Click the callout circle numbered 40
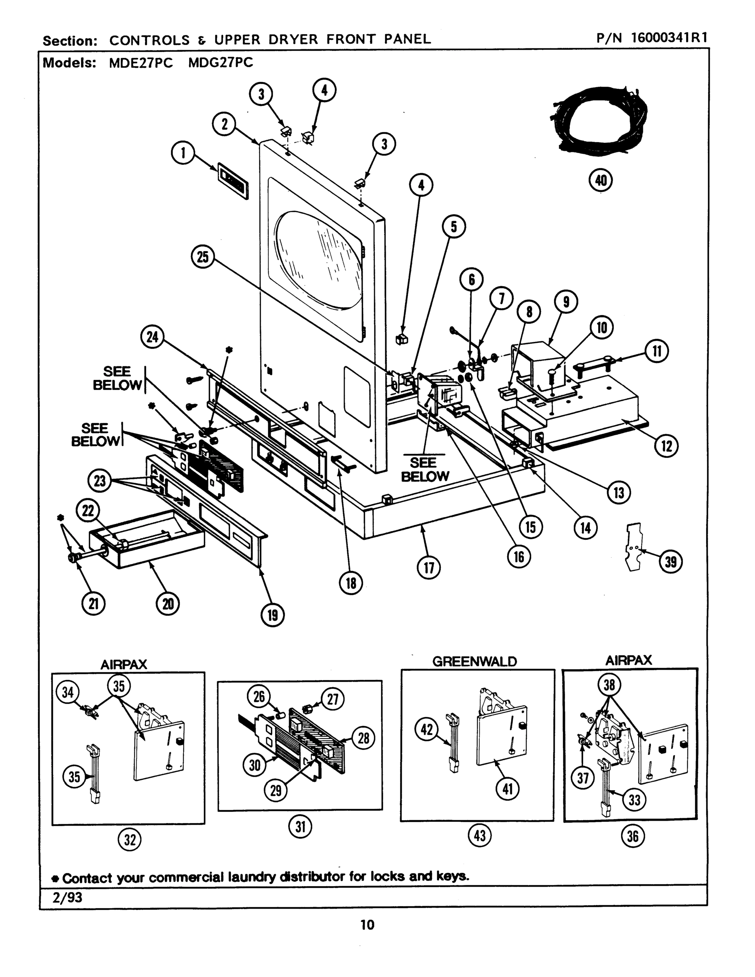click(x=601, y=181)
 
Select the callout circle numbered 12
click(x=666, y=446)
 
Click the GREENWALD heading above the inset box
click(x=474, y=662)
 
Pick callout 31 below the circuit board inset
click(x=300, y=827)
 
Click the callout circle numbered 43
click(x=479, y=835)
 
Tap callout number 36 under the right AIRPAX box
click(x=632, y=836)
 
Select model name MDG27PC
click(x=221, y=63)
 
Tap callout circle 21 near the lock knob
click(x=93, y=604)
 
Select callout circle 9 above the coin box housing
click(x=566, y=302)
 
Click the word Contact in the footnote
click(x=87, y=878)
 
